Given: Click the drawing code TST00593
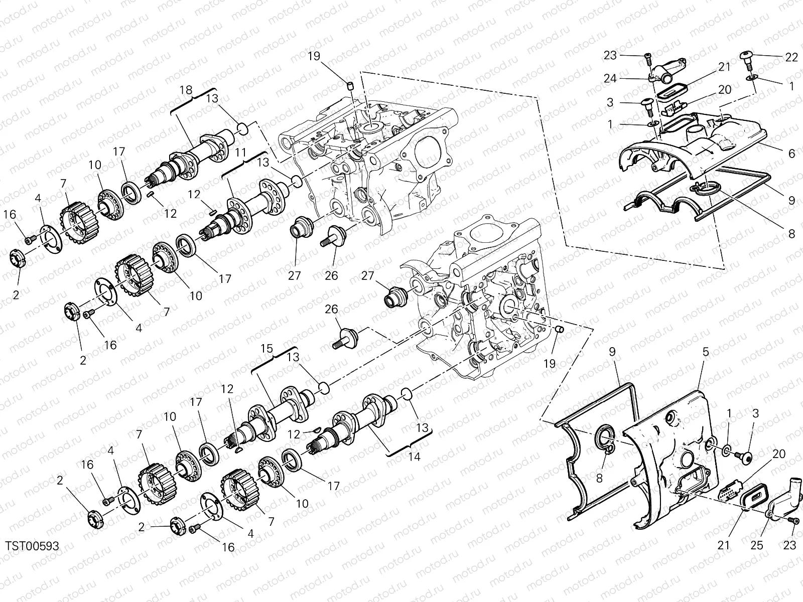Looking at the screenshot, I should tap(33, 546).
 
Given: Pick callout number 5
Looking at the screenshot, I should tap(705, 352).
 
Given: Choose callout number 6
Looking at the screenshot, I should tap(791, 154).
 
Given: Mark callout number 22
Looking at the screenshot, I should tap(791, 58).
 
